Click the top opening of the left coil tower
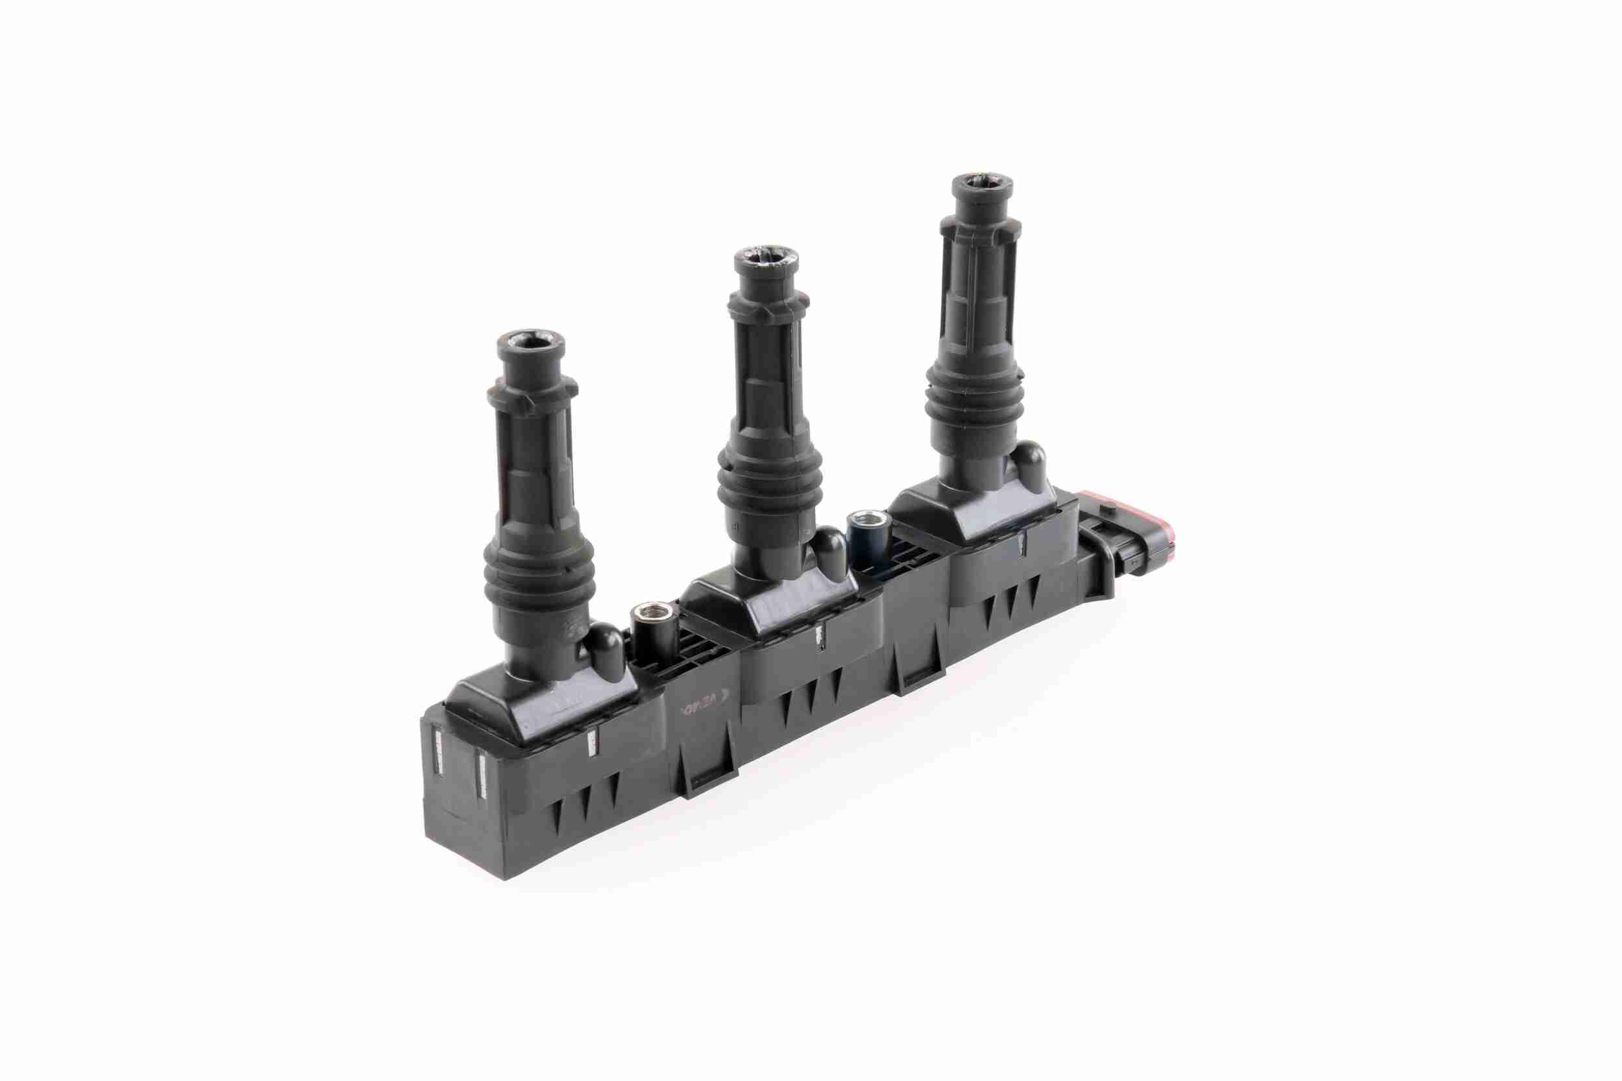[x=530, y=341]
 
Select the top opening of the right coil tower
[x=983, y=185]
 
